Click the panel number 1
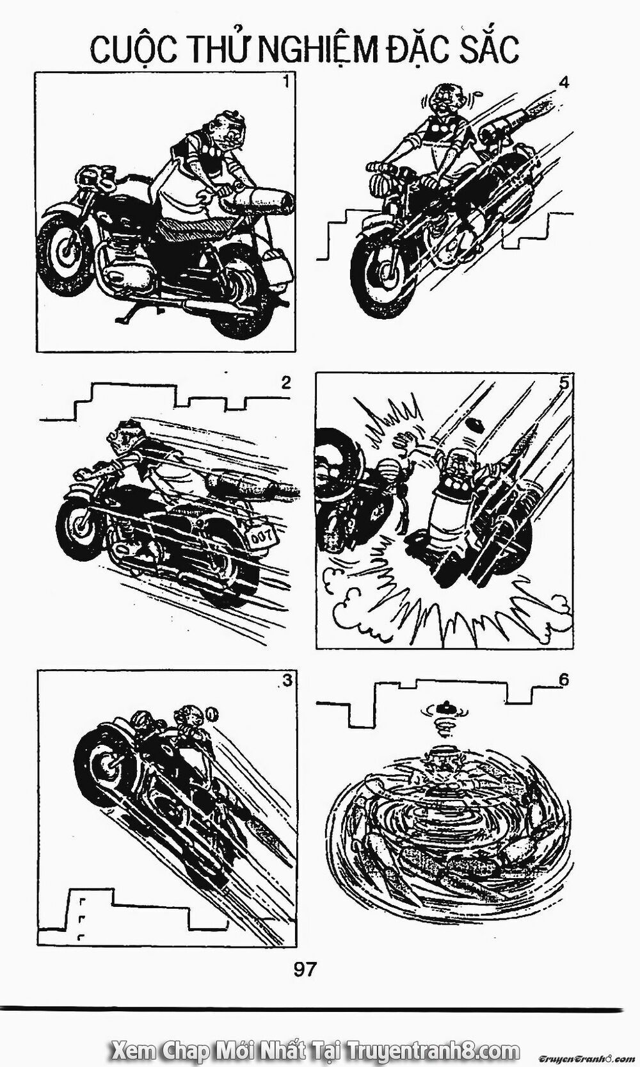[x=285, y=82]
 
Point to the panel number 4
[x=564, y=83]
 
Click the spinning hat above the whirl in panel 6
[x=447, y=707]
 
